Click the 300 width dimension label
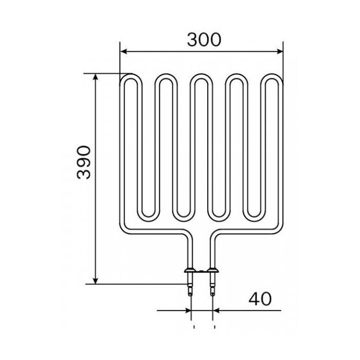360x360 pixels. click(204, 40)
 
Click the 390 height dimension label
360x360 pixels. click(84, 163)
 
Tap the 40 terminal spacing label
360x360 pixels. click(260, 299)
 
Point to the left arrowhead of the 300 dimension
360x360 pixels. click(123, 51)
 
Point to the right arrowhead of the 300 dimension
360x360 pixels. click(280, 51)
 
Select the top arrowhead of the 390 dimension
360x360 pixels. click(96, 77)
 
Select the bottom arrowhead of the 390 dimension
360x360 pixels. click(96, 281)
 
